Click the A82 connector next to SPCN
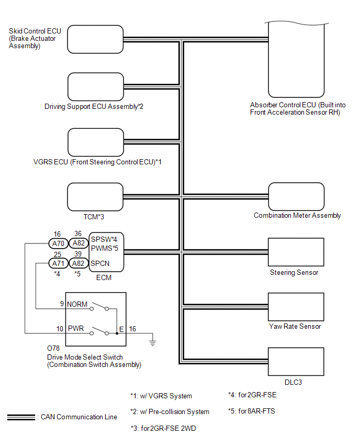[x=78, y=263]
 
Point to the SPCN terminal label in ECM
[x=100, y=263]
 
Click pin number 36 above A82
[x=78, y=233]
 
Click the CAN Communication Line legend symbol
[x=20, y=417]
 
